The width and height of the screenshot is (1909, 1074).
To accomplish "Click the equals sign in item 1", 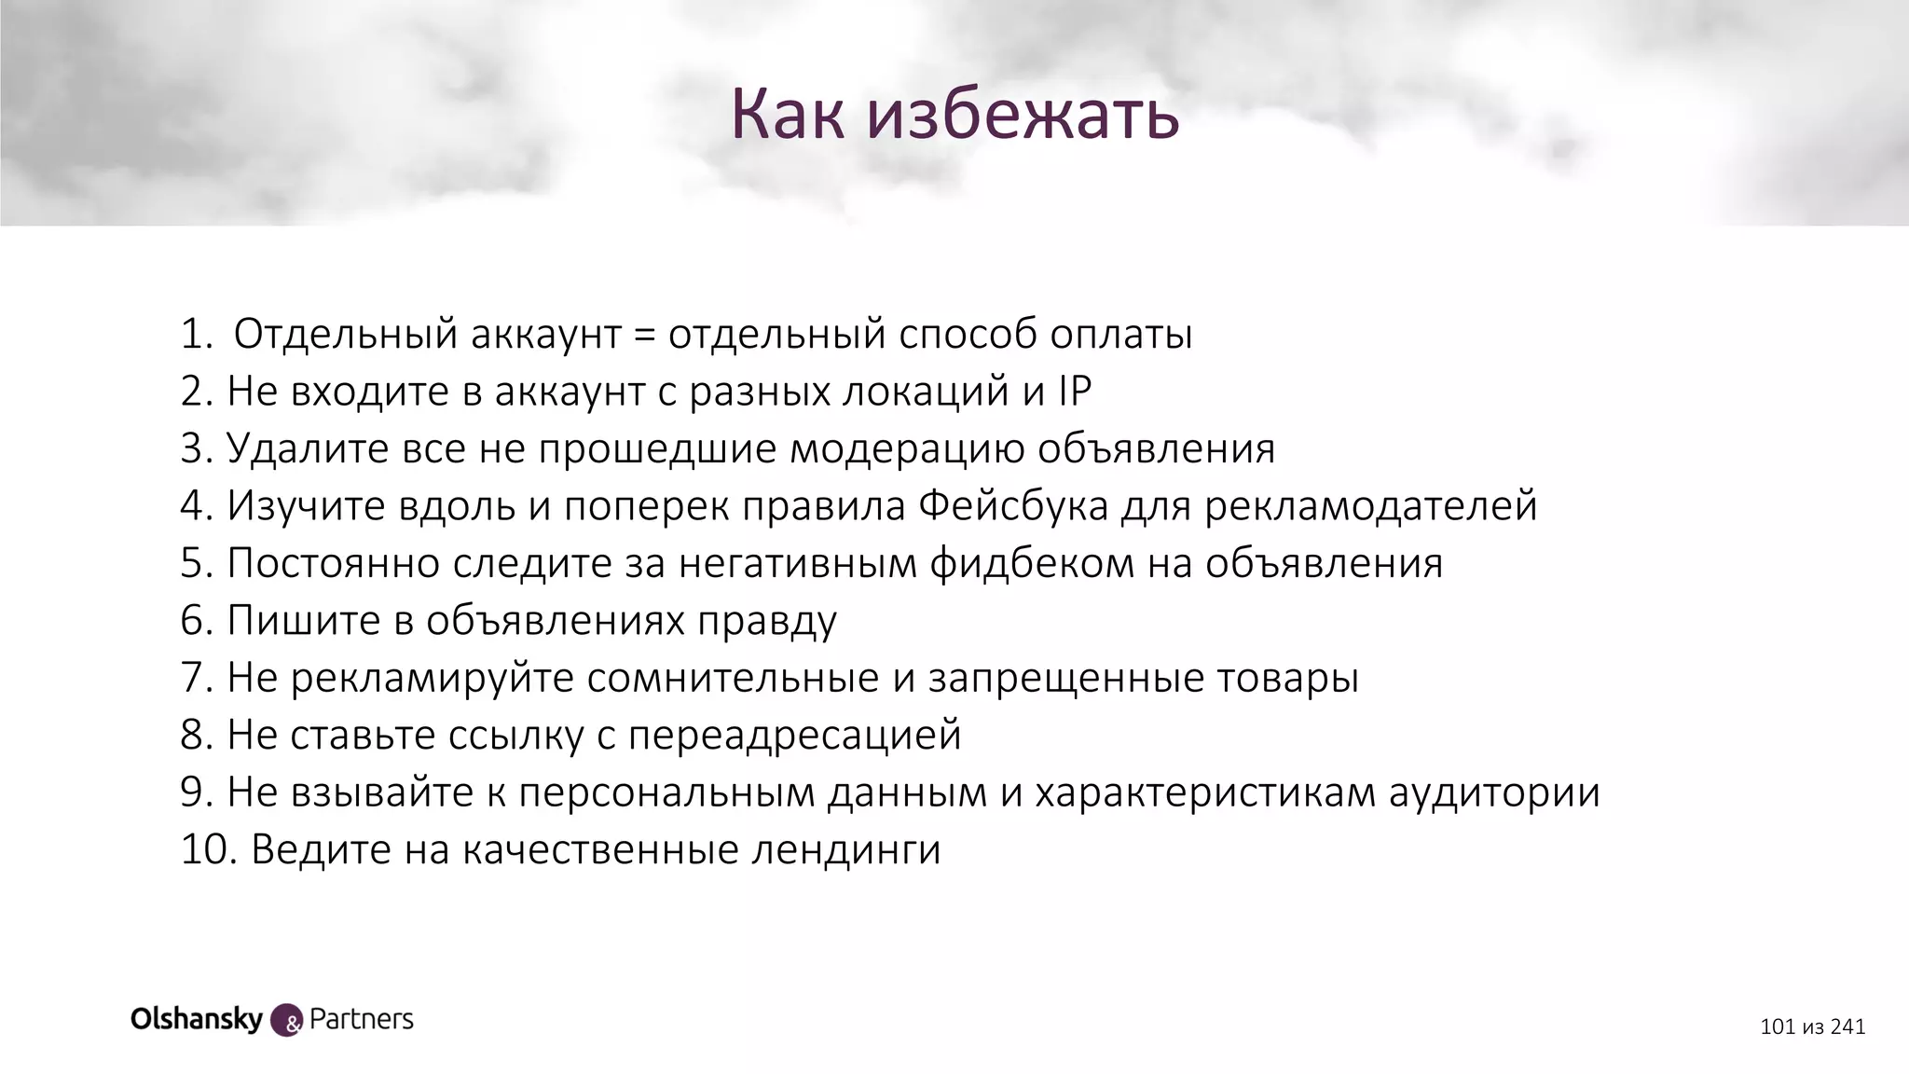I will pos(643,335).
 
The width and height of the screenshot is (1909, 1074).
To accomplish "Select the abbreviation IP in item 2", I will pos(1074,392).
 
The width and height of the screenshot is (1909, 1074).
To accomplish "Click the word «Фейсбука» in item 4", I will pos(1013,506).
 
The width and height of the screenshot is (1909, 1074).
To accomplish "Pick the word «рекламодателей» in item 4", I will pos(1370,506).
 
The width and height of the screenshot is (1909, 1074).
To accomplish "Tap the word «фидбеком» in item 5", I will pos(1032,563).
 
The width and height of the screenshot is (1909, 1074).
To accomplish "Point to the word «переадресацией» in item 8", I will pos(794,736).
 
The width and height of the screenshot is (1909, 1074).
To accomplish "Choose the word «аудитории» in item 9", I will pos(1494,792).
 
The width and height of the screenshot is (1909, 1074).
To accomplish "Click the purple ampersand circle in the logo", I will pos(286,1021).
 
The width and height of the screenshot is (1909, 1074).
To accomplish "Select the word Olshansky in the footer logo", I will pos(197,1019).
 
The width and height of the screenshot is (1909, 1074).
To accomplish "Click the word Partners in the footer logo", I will pos(361,1019).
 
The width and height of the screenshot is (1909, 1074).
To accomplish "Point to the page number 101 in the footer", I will pos(1778,1027).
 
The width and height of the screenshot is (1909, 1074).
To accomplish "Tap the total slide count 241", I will pos(1847,1027).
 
